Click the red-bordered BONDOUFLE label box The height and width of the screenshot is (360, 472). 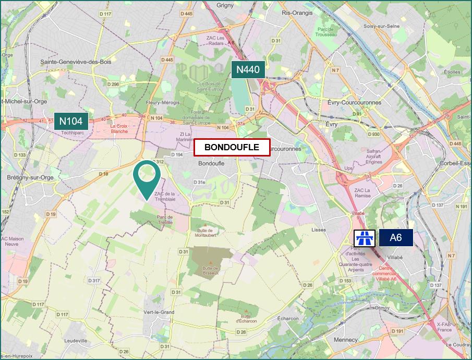[232, 148]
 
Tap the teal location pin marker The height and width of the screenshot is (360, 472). [147, 177]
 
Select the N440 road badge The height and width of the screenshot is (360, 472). [248, 69]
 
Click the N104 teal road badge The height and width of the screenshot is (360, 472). [70, 122]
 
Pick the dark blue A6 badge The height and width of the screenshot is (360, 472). [396, 238]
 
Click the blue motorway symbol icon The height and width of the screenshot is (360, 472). [365, 238]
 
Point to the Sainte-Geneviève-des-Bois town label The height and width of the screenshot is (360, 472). [76, 62]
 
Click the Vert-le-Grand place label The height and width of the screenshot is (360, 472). [161, 312]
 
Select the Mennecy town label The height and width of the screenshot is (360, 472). [346, 340]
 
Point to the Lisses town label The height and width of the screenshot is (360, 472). [318, 230]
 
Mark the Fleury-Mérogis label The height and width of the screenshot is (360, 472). [163, 103]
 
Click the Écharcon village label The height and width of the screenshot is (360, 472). [288, 319]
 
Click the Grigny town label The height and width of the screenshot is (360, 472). [225, 5]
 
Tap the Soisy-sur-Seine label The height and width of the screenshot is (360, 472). [381, 26]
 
